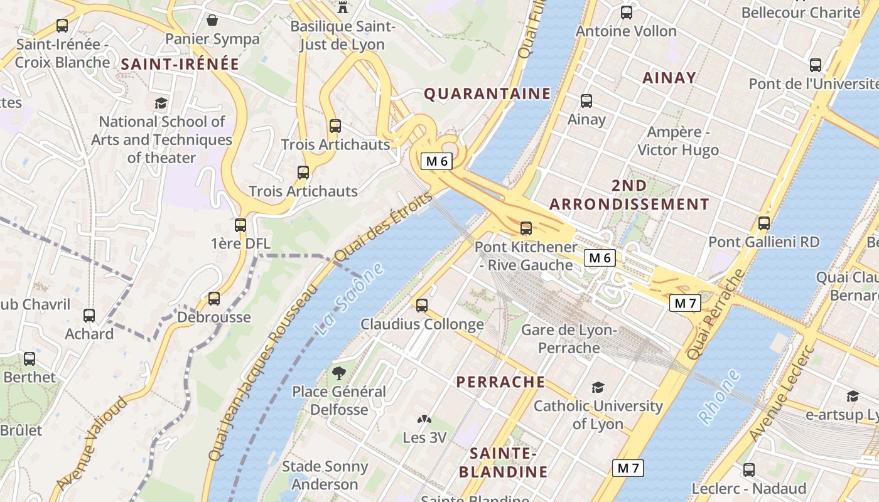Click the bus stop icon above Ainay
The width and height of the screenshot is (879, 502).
coord(586,100)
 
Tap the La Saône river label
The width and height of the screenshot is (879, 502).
coord(350,299)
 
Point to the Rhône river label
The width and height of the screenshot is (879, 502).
coord(720,397)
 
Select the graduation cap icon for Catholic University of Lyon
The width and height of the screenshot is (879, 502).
coord(598,388)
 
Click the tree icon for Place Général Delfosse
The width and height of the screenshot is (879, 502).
coord(339,373)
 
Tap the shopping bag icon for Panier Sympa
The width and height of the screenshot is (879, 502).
coord(212,20)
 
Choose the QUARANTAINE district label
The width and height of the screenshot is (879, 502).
coord(487,94)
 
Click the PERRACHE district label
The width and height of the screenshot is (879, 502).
coord(500,382)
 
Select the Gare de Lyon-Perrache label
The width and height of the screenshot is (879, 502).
coord(569,339)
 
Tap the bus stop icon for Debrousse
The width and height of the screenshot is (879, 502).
coord(214,299)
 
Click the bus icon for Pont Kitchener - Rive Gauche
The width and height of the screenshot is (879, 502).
coord(526,228)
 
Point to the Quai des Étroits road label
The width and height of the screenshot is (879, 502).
coord(383,227)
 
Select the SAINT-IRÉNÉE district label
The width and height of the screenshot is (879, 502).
coord(180,64)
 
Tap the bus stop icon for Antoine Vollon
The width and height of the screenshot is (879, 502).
coord(626,13)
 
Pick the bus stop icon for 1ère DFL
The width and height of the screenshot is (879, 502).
coord(240,225)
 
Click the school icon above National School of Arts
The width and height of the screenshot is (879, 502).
coord(161,103)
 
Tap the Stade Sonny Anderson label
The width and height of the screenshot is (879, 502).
coord(325,475)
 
